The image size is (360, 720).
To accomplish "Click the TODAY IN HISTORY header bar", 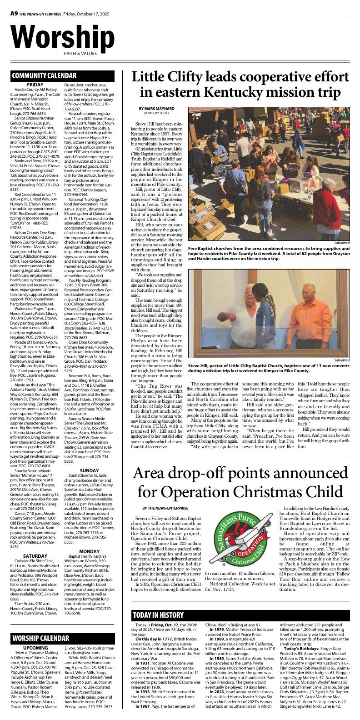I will coord(158,615).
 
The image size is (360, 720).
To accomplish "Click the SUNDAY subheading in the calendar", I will coord(89,470).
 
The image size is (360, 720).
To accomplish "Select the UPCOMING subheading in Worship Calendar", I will coord(35,648).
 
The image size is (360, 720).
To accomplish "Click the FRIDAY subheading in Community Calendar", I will coord(35,85).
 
